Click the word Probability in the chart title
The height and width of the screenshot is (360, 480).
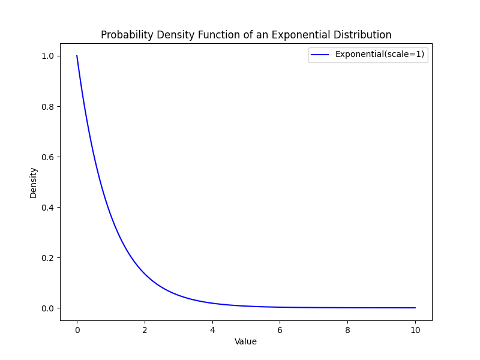[124, 35]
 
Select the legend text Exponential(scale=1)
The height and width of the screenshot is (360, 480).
[380, 54]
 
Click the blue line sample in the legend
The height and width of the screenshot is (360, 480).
[320, 54]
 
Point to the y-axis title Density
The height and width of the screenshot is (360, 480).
[34, 182]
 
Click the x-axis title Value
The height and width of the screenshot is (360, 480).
[245, 341]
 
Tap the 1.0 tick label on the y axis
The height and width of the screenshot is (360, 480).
[47, 56]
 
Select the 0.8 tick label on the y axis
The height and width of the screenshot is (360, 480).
[47, 106]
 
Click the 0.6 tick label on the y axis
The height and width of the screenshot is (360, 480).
[47, 157]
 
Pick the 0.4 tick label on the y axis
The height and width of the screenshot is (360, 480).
[47, 207]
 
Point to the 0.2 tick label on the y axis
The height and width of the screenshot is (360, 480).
[47, 257]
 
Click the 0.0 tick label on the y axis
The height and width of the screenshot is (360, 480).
[47, 308]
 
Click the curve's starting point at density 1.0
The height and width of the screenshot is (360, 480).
[77, 56]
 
